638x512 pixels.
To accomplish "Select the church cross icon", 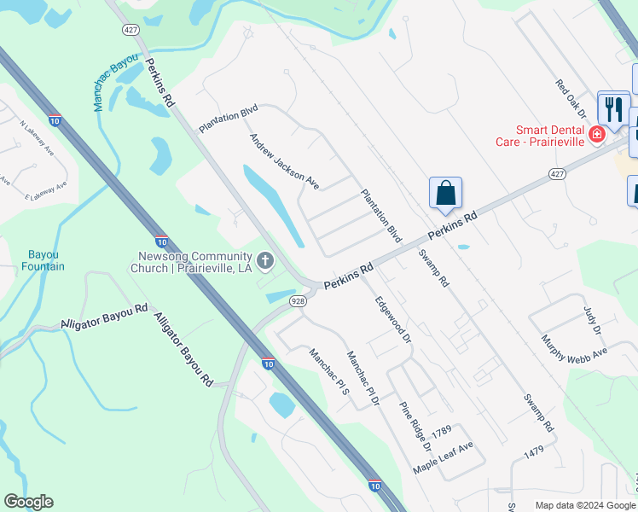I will [266, 259].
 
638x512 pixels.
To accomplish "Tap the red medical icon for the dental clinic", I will [596, 134].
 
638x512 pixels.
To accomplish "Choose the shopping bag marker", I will [445, 194].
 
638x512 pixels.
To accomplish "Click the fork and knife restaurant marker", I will [613, 108].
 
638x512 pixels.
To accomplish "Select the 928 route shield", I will [298, 301].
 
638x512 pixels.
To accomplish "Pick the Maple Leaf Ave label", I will [443, 459].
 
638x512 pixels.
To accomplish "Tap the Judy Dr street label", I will [593, 319].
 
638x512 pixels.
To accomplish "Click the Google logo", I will [28, 502].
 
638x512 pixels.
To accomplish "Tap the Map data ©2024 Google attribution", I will [584, 505].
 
